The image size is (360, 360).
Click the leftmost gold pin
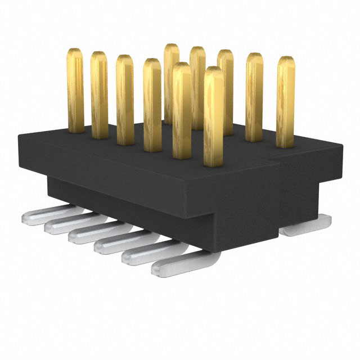point(75,90)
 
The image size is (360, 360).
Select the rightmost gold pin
point(286,101)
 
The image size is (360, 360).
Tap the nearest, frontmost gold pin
point(213,118)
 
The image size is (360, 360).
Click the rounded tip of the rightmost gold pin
point(286,61)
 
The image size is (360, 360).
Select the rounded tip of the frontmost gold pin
point(213,72)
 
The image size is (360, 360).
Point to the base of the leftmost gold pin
point(75,129)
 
